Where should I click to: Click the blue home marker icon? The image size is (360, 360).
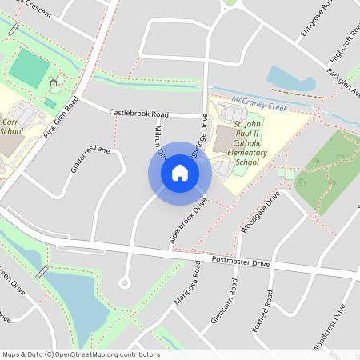179,173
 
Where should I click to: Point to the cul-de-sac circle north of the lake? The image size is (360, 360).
124,282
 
